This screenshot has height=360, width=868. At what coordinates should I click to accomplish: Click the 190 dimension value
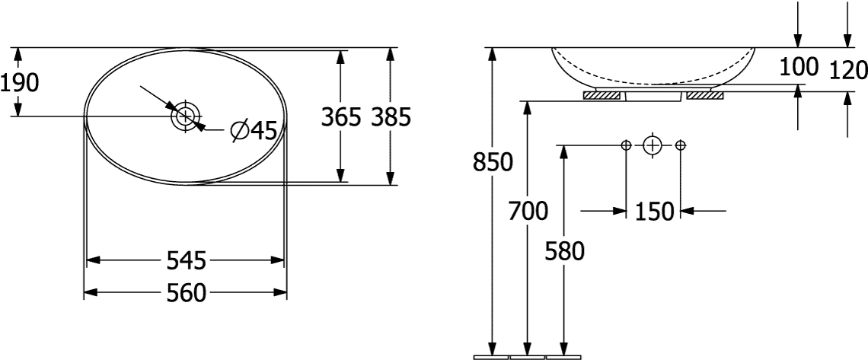(19, 83)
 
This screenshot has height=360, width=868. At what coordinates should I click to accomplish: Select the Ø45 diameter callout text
(254, 131)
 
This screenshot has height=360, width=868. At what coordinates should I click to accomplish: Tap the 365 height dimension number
(341, 117)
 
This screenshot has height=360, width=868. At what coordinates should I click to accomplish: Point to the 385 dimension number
(391, 117)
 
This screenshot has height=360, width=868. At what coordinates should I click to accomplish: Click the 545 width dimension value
(186, 260)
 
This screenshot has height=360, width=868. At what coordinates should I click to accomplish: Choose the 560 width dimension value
(186, 293)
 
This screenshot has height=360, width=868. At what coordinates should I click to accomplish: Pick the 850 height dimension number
(493, 163)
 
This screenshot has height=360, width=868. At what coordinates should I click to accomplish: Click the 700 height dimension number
(528, 211)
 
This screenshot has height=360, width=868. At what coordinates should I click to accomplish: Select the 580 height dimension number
(565, 252)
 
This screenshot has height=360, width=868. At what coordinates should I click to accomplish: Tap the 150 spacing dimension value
(654, 212)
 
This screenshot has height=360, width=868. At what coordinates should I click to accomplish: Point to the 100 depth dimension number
(799, 67)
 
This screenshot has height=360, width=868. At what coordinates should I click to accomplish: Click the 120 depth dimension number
(848, 71)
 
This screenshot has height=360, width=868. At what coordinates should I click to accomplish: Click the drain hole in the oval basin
(186, 116)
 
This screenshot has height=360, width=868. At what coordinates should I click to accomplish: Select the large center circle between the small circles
(653, 145)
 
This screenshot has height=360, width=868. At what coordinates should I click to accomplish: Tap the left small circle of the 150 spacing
(626, 145)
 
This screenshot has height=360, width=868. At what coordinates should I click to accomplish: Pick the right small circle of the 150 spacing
(681, 145)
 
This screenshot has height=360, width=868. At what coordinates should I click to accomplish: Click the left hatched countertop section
(602, 96)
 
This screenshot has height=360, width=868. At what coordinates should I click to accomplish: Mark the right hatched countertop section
(705, 96)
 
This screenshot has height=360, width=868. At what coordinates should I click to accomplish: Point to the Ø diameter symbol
(241, 131)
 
